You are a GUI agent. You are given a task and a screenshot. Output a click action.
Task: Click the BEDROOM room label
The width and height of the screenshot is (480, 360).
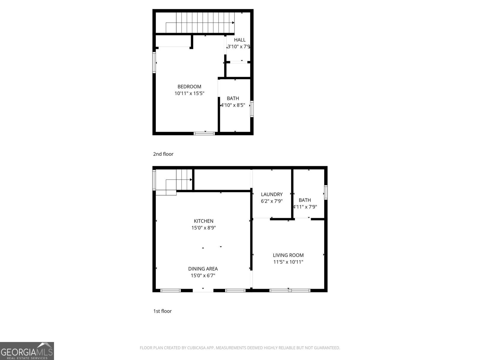[189, 87]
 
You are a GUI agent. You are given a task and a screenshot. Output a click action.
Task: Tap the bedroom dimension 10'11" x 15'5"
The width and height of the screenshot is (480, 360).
[189, 93]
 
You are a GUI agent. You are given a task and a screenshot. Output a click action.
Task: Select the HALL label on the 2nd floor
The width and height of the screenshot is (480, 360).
[240, 40]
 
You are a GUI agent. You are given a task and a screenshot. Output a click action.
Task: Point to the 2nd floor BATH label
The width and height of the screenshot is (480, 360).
[233, 98]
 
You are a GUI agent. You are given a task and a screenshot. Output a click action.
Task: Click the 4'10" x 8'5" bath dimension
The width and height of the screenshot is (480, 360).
[233, 105]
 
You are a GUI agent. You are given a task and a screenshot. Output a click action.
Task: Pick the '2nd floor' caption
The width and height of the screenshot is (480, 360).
[163, 154]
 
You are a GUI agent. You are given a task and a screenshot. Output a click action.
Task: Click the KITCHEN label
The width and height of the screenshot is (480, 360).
[203, 221]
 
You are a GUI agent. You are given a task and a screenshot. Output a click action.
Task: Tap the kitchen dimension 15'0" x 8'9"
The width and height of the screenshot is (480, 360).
[203, 228]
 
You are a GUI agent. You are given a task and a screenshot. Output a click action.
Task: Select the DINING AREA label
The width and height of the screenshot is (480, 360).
[203, 269]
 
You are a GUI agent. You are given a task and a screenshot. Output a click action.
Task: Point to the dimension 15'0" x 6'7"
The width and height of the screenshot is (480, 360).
[203, 275]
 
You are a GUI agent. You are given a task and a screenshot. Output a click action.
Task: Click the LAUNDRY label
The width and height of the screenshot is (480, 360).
[271, 194]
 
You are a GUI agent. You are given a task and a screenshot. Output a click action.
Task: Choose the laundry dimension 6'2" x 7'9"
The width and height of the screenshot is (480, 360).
[271, 201]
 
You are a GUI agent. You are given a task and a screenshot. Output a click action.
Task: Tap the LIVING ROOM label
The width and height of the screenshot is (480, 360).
[288, 255]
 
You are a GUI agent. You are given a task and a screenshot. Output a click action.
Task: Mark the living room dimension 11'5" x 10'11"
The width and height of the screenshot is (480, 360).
[288, 262]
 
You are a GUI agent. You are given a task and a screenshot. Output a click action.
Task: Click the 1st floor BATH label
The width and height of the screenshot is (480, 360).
[305, 200]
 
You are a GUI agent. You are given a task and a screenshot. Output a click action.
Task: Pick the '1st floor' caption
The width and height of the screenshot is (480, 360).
[162, 311]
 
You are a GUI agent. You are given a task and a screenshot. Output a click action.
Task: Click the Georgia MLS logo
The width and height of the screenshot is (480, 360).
[27, 351]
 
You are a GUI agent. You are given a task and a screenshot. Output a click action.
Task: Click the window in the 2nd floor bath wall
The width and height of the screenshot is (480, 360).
[252, 109]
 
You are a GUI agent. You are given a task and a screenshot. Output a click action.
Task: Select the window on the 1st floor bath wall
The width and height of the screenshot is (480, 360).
[326, 192]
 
